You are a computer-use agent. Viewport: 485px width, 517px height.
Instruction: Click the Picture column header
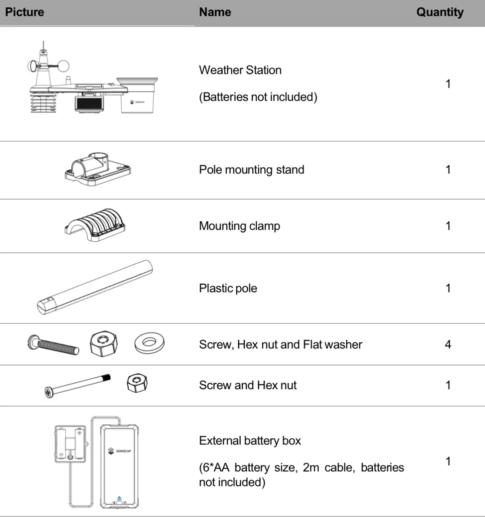(25, 12)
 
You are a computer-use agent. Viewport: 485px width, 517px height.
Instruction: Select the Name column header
(215, 12)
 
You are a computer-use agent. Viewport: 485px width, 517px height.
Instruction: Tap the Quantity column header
(440, 12)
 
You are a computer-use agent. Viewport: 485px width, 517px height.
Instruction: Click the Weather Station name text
(240, 70)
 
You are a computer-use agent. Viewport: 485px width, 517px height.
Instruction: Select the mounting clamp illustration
(95, 224)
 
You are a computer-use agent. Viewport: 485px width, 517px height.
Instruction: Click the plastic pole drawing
(95, 287)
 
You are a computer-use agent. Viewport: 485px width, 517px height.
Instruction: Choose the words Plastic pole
(228, 288)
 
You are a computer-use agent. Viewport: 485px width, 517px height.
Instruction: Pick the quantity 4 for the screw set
(448, 345)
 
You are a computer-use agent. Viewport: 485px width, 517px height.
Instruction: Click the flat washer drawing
(149, 342)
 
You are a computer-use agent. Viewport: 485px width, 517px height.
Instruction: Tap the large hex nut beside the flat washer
(103, 344)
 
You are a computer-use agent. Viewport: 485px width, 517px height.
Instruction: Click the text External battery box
(250, 441)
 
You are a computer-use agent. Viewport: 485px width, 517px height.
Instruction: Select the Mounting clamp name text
(239, 226)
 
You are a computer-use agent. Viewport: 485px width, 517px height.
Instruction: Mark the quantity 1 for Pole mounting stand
(448, 169)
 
